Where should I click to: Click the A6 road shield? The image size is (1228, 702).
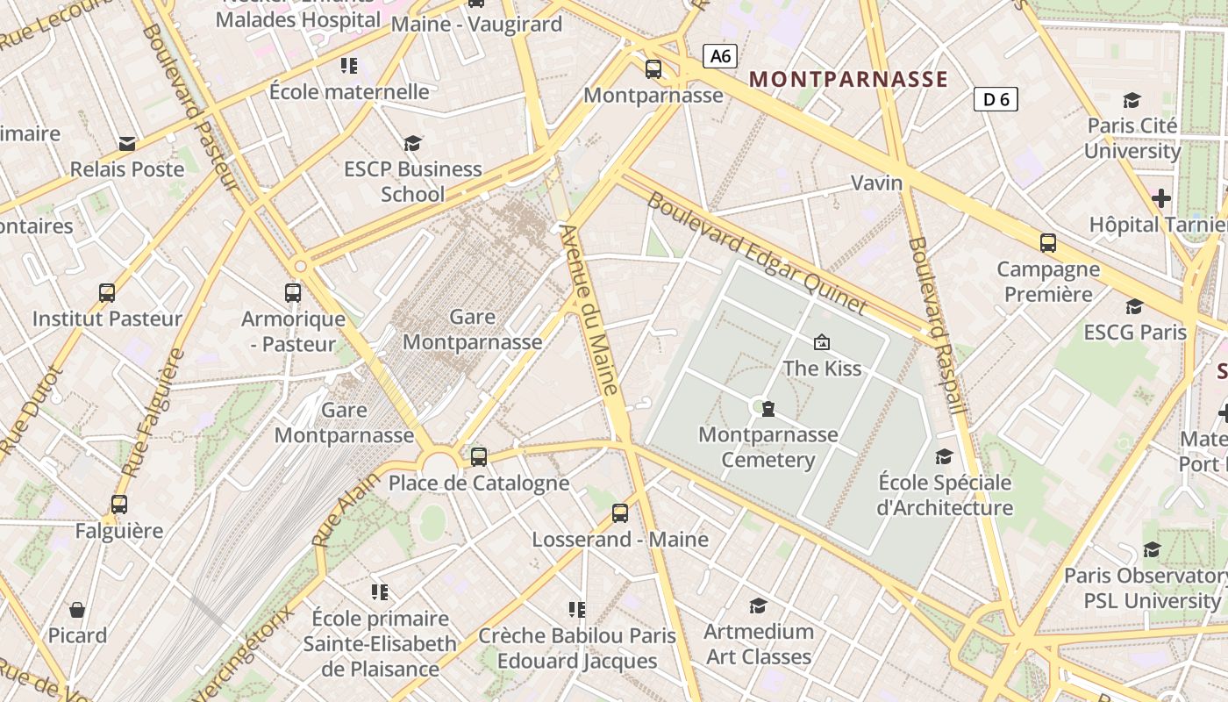(719, 57)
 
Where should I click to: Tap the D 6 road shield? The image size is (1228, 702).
(996, 99)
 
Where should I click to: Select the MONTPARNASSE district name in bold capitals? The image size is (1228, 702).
(848, 79)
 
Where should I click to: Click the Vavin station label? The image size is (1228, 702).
(876, 183)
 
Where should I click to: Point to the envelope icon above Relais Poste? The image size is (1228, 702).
(127, 144)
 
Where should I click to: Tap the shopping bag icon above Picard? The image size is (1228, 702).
(77, 610)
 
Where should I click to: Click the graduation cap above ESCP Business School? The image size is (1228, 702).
(412, 143)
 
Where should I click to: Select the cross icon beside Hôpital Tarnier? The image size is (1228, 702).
(1161, 198)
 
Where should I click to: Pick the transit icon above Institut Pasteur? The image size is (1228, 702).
(107, 293)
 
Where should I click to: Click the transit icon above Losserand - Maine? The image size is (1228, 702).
(620, 513)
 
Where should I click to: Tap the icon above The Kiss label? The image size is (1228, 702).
(822, 342)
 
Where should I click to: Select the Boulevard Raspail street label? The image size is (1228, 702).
(938, 325)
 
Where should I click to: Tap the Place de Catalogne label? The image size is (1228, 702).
(479, 483)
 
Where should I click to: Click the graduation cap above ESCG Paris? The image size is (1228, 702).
(1134, 306)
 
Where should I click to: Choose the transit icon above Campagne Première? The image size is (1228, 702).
(1047, 243)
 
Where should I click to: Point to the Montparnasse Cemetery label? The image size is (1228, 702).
(768, 447)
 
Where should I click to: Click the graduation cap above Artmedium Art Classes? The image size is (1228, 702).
(758, 605)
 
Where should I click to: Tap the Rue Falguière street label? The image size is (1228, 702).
(153, 412)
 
